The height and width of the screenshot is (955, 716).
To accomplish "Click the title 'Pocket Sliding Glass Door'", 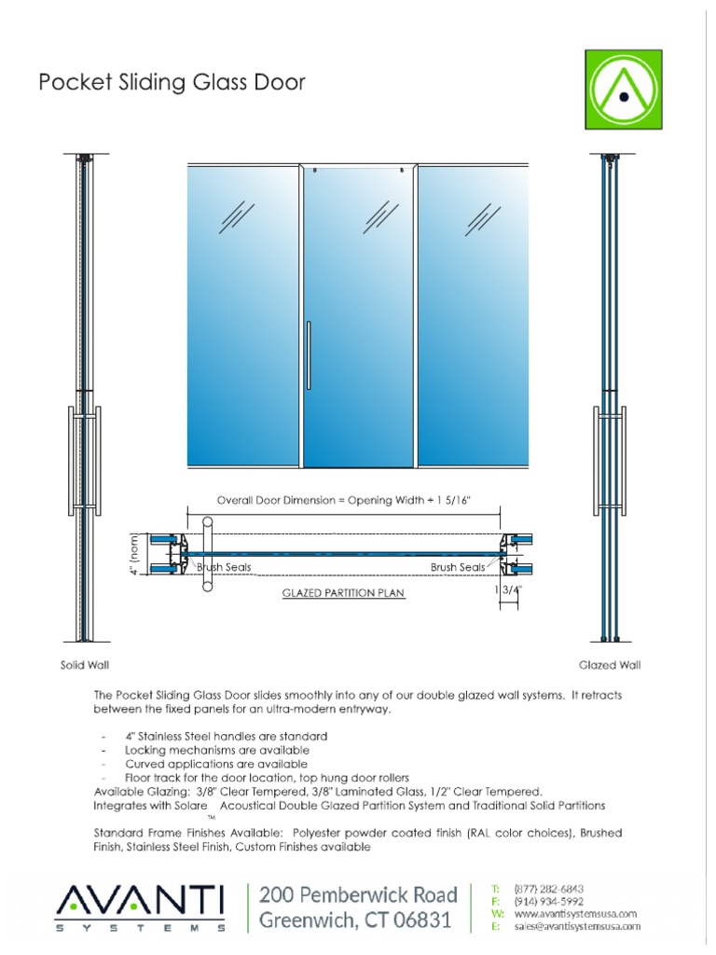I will click(172, 84).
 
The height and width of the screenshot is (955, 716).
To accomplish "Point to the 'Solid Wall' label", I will click(86, 666).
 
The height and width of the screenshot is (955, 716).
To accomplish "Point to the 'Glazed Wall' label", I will click(610, 666).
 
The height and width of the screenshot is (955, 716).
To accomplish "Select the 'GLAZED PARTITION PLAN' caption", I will click(344, 592).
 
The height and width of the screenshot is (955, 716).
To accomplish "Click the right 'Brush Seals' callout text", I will click(457, 567).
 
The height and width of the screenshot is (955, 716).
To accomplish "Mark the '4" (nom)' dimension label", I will click(135, 554).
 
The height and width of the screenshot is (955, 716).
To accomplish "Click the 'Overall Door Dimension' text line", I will click(344, 500).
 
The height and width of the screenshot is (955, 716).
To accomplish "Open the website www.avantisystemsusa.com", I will click(575, 914).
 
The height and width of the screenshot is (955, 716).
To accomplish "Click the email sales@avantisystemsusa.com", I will click(577, 926).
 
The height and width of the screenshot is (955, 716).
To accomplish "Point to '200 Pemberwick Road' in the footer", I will click(358, 895).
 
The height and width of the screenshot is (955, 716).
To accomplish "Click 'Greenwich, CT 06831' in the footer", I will click(355, 921).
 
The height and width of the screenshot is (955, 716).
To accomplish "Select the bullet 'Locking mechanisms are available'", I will click(216, 750).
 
